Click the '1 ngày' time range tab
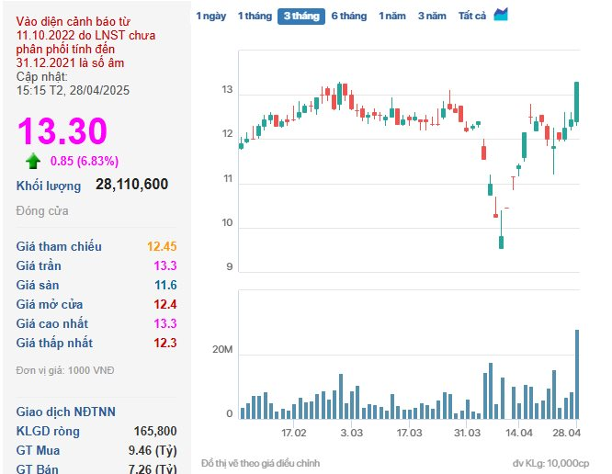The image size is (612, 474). click(210, 16)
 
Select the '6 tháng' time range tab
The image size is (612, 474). click(349, 16)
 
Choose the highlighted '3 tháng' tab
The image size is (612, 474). click(301, 17)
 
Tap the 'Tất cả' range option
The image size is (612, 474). click(472, 16)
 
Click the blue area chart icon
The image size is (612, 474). click(501, 15)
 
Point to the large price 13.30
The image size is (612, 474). click(62, 131)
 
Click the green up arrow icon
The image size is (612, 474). click(33, 161)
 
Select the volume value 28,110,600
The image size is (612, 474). click(132, 184)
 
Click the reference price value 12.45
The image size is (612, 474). click(162, 246)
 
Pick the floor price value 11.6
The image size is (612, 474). click(166, 285)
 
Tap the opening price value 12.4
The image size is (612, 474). click(165, 304)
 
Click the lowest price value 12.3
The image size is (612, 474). click(165, 343)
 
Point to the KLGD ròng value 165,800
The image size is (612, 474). click(155, 431)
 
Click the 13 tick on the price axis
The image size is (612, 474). click(227, 90)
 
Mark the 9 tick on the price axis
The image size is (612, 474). click(230, 266)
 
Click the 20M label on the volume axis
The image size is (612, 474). click(222, 350)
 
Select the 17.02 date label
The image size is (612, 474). click(294, 433)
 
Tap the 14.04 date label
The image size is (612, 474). click(518, 433)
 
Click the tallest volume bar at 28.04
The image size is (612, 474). click(577, 375)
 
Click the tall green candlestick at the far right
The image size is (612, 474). click(576, 102)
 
